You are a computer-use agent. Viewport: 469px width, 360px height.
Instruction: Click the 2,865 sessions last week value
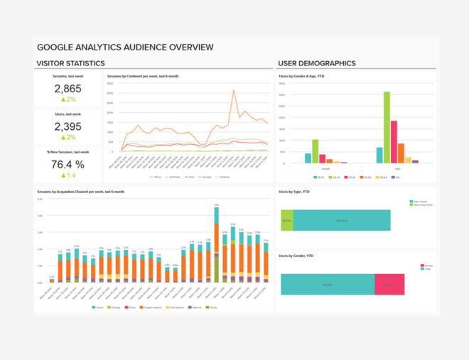pyautogui.click(x=68, y=89)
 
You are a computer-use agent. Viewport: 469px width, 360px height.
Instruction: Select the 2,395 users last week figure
pyautogui.click(x=68, y=126)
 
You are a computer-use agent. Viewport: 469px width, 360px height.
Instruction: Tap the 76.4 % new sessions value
pyautogui.click(x=68, y=165)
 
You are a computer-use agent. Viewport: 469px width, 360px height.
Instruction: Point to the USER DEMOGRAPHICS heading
pyautogui.click(x=317, y=63)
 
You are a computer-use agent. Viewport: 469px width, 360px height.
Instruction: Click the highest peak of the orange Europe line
pyautogui.click(x=234, y=91)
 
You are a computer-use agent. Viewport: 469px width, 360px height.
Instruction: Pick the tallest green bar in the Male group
pyautogui.click(x=387, y=127)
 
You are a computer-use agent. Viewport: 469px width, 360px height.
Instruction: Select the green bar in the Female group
pyautogui.click(x=315, y=151)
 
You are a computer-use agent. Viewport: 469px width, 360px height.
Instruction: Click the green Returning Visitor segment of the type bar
pyautogui.click(x=286, y=220)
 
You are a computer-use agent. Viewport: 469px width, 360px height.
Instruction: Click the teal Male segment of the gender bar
pyautogui.click(x=328, y=284)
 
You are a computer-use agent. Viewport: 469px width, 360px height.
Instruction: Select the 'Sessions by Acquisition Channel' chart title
pyautogui.click(x=80, y=192)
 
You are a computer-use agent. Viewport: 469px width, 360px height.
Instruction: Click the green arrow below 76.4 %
pyautogui.click(x=63, y=175)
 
